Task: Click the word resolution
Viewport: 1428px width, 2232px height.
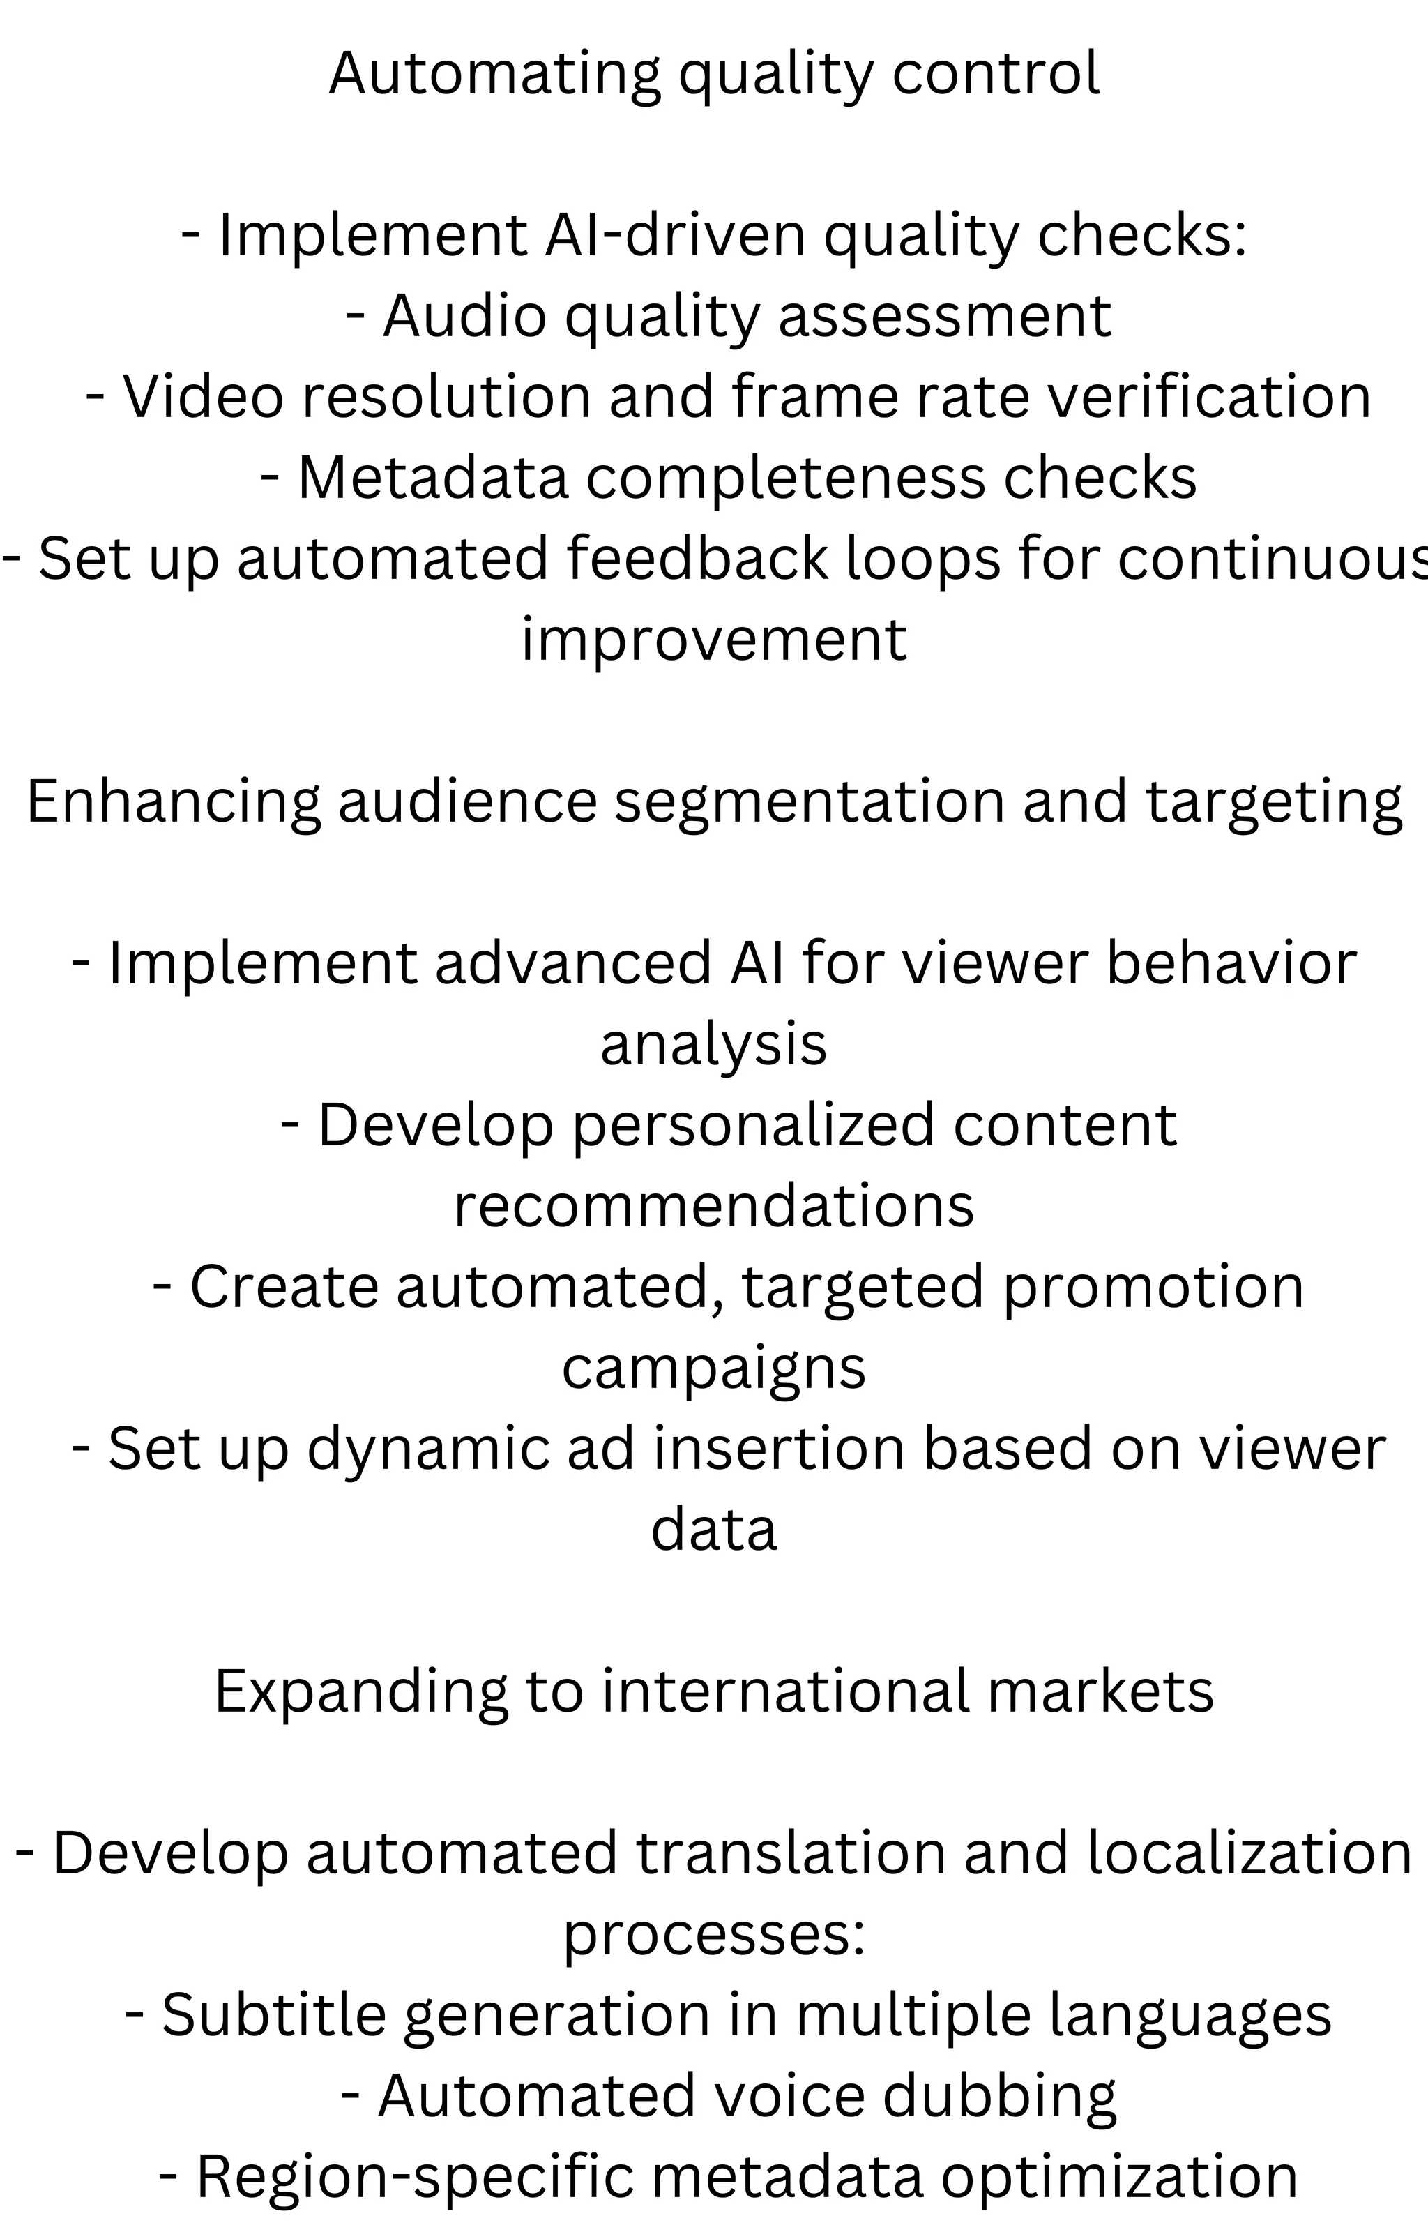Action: pos(445,396)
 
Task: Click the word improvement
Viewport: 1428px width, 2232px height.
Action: pos(713,639)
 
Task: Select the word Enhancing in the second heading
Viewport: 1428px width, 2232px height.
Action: pos(174,801)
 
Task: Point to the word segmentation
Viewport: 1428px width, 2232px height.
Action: pos(810,801)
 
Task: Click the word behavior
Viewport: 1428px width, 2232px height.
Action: pos(1231,963)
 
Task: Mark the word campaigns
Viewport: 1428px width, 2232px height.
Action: pos(713,1368)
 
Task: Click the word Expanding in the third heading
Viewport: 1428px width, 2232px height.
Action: pos(360,1691)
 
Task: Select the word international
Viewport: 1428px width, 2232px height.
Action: pos(784,1691)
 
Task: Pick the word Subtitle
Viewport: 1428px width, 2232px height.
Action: pos(273,2015)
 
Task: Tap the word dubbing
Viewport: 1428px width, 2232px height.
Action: pos(998,2096)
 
